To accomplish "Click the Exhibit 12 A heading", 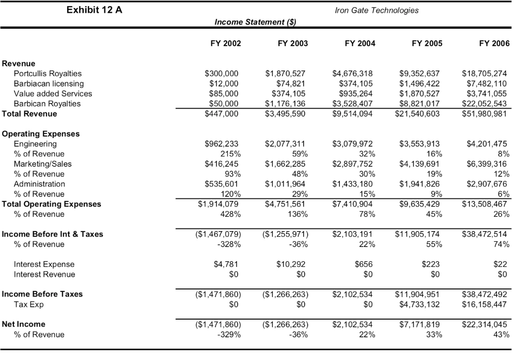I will (x=94, y=10).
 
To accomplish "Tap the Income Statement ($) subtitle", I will (x=255, y=22).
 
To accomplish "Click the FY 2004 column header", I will (x=360, y=43).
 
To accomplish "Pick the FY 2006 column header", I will (x=494, y=43).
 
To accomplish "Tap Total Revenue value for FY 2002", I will (x=222, y=114).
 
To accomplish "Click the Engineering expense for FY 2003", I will (x=287, y=144).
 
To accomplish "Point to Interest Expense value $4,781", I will (x=226, y=264).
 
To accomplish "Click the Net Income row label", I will (x=24, y=324).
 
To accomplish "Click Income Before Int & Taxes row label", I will (x=52, y=234).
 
